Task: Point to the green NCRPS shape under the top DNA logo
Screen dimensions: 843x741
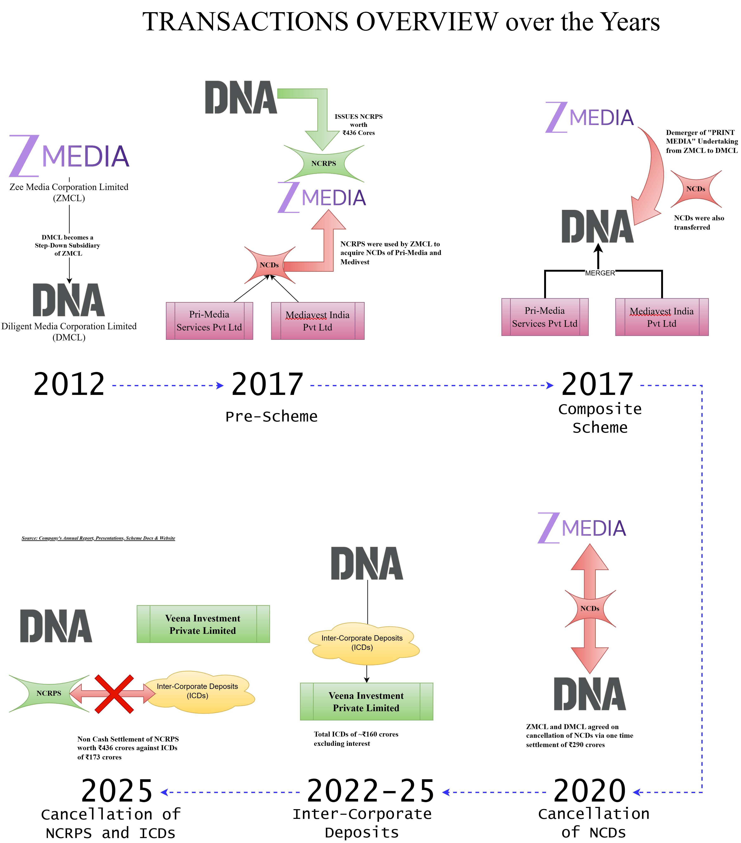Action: pos(324,163)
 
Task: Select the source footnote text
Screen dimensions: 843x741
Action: pos(98,538)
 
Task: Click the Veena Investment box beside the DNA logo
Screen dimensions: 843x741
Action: pos(203,624)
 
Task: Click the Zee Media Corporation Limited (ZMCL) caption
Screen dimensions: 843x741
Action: pos(69,192)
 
